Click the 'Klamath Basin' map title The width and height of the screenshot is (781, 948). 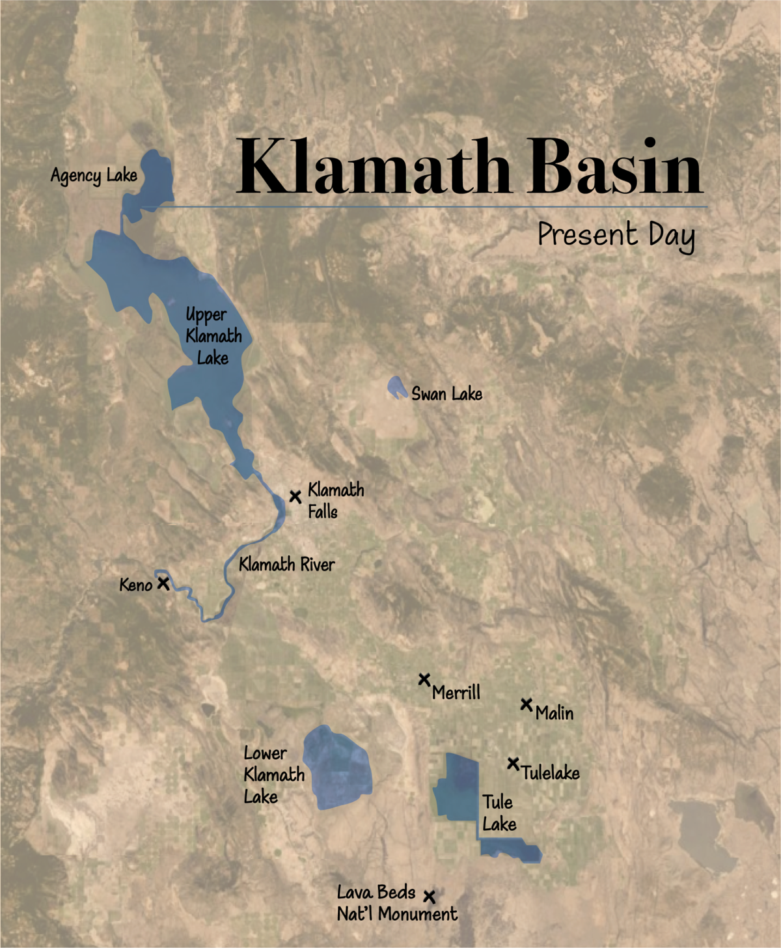click(x=469, y=166)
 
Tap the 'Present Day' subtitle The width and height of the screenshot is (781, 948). click(x=616, y=235)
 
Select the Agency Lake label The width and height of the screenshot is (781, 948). click(x=94, y=176)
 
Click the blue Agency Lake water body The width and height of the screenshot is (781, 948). click(x=154, y=179)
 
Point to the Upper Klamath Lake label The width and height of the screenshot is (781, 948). click(x=213, y=336)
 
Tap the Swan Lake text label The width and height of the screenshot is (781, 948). click(x=446, y=394)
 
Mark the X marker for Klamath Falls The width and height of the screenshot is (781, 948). click(x=295, y=497)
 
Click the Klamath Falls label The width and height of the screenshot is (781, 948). click(x=335, y=500)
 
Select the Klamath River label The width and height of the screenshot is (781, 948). click(x=286, y=565)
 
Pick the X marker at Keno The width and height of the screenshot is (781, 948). click(x=163, y=583)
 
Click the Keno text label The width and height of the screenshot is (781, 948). click(x=135, y=585)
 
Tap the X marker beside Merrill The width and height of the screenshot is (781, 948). click(x=424, y=680)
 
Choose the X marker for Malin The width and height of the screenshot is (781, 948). click(x=527, y=704)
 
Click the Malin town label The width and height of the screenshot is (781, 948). click(x=555, y=714)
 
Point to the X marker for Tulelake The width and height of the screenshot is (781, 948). click(x=514, y=763)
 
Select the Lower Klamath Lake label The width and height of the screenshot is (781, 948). click(x=273, y=775)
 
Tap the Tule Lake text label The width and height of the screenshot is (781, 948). click(x=499, y=813)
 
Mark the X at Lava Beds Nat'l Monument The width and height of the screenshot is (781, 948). click(x=430, y=897)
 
